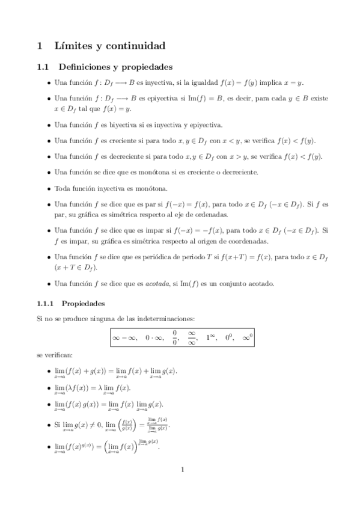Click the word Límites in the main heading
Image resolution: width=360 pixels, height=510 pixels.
click(x=73, y=45)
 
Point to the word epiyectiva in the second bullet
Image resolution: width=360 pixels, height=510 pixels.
click(x=157, y=97)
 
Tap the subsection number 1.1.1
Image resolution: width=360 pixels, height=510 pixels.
click(x=46, y=304)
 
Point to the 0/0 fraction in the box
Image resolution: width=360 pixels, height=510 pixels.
click(x=175, y=339)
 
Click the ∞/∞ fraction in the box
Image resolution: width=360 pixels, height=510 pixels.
click(x=192, y=339)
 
